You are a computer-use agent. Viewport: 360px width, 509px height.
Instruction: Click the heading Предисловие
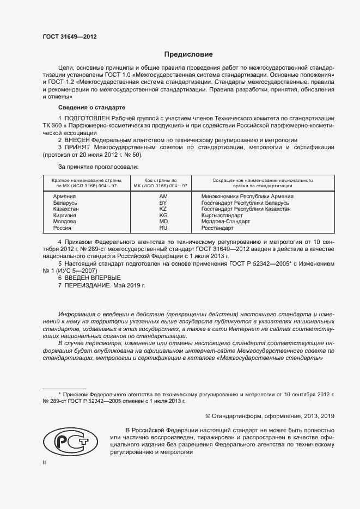tap(188, 54)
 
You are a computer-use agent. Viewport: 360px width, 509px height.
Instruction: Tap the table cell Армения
tap(64, 196)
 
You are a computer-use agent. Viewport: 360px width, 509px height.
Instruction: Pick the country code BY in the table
tap(162, 203)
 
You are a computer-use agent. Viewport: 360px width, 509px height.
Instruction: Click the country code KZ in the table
tap(162, 209)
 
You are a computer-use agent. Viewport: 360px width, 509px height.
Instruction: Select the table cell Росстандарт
tap(217, 229)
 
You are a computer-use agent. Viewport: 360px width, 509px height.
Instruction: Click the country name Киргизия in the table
tap(65, 216)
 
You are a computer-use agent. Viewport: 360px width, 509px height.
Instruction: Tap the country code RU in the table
tap(162, 229)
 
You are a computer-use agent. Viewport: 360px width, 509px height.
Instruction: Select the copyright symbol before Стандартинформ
tap(201, 416)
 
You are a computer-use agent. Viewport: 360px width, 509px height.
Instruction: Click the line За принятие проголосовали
tap(98, 167)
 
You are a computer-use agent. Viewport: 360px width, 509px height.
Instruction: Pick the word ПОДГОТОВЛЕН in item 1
tap(87, 118)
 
